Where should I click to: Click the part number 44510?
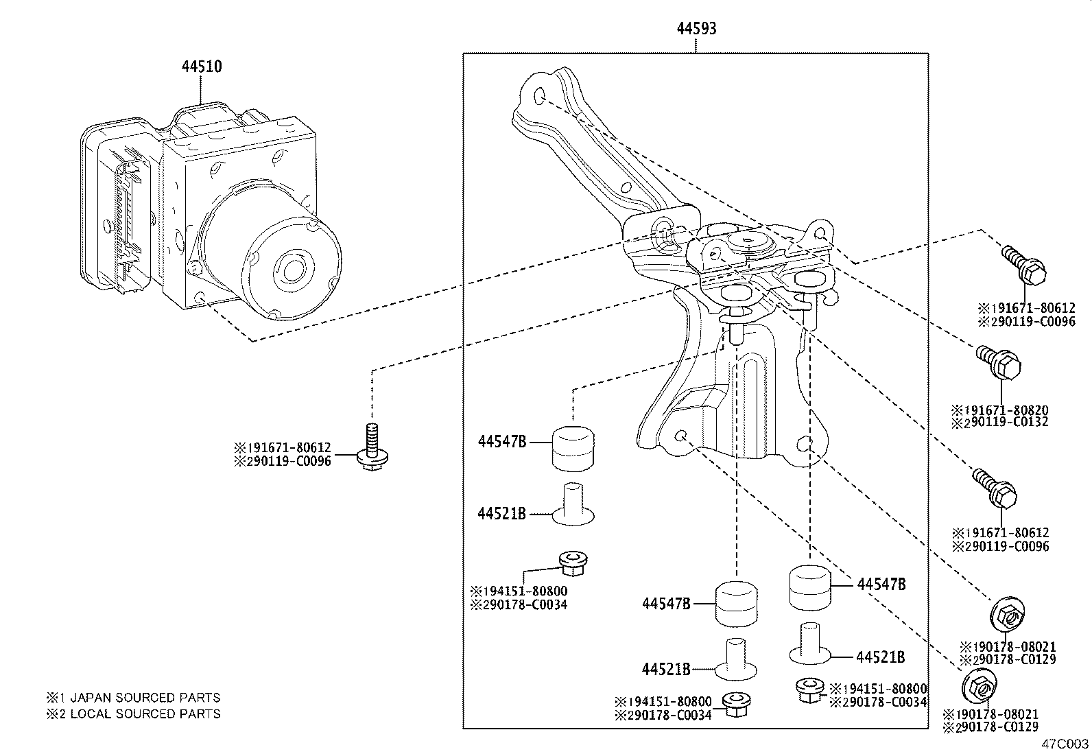tap(201, 67)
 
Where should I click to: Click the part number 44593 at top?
tap(696, 29)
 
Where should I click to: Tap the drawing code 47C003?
tap(1065, 744)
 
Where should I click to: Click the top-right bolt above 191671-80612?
tap(1024, 267)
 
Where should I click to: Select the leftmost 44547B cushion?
tap(573, 447)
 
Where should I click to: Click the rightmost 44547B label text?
tap(881, 585)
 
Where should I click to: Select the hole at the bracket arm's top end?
tap(539, 94)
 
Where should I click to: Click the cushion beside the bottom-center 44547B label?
tap(737, 603)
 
